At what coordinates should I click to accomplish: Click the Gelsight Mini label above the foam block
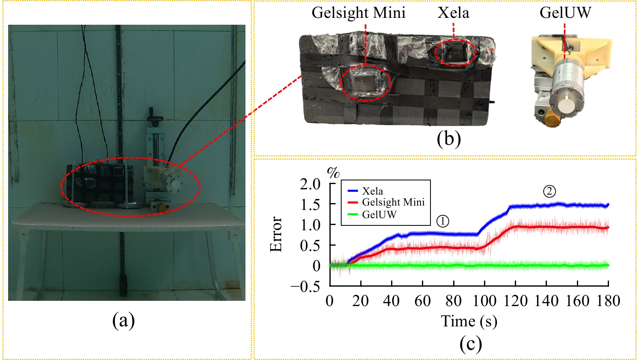358,13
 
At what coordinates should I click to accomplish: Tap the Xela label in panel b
453,13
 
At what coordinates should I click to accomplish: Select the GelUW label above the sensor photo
565,13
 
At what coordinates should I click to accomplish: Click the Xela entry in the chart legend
372,191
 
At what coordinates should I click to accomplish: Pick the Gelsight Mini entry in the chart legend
393,202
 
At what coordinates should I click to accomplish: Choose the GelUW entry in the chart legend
379,214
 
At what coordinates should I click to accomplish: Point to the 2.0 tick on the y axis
310,184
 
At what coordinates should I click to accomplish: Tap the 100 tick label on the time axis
484,301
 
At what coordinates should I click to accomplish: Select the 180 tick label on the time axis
608,301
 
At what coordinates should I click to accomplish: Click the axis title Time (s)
469,321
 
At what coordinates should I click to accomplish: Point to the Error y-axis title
276,234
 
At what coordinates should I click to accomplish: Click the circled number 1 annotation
443,221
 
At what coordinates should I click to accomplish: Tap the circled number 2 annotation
549,191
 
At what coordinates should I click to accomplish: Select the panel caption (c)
471,344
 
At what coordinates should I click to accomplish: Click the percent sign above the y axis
333,173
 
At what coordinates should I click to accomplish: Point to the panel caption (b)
449,139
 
